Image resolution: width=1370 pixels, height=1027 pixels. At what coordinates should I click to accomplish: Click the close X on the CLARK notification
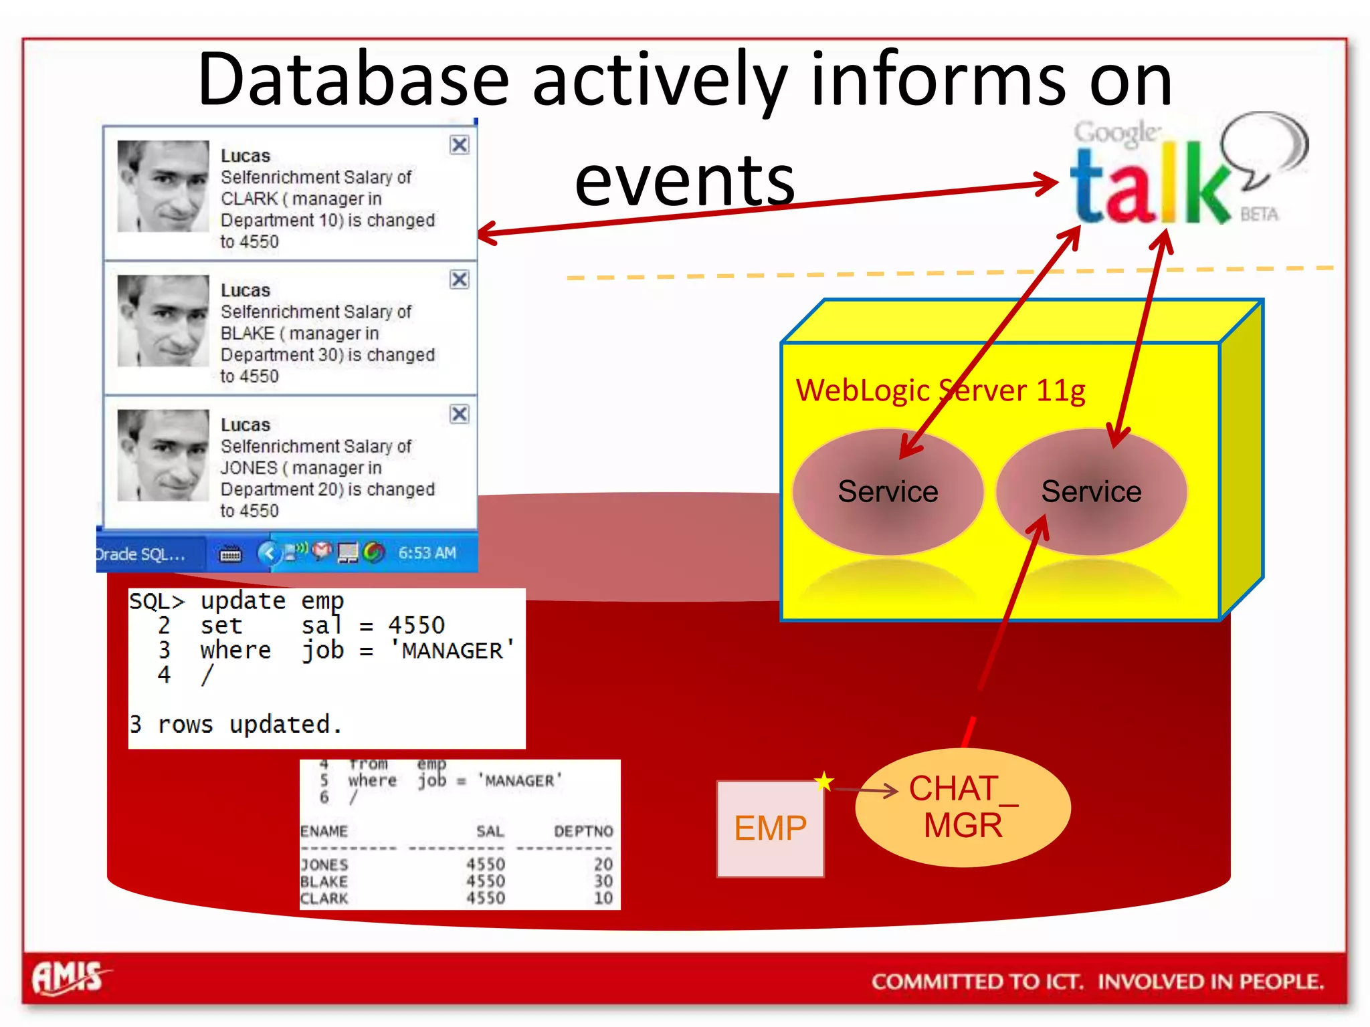click(x=459, y=145)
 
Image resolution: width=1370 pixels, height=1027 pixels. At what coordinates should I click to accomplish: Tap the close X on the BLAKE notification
click(x=459, y=279)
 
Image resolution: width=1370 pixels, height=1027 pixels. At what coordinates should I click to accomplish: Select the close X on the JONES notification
click(x=459, y=414)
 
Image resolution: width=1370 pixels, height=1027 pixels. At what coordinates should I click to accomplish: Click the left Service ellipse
click(x=888, y=492)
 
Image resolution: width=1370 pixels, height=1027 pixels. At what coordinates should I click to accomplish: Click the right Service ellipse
click(x=1091, y=492)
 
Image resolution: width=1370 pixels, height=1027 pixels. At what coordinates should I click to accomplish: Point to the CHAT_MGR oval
click(x=963, y=807)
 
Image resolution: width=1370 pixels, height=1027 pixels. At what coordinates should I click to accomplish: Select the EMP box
click(x=770, y=828)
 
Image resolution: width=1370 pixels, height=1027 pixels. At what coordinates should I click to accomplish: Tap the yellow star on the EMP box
click(x=824, y=781)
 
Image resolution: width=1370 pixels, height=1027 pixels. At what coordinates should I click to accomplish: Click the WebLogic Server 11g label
click(x=940, y=390)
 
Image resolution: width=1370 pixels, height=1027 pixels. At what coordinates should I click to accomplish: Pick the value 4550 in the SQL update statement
click(x=416, y=626)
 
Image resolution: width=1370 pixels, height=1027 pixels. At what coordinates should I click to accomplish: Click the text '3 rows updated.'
click(x=235, y=725)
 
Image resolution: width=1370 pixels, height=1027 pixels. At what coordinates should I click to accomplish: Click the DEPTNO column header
click(x=583, y=831)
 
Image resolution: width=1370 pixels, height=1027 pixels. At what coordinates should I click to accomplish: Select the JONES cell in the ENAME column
click(x=324, y=865)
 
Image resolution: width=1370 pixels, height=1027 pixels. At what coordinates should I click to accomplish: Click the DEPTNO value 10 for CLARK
click(x=603, y=898)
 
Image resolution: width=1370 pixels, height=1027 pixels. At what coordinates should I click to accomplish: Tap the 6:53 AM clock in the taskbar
click(x=427, y=553)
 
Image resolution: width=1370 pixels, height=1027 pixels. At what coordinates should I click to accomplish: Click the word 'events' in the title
click(x=684, y=181)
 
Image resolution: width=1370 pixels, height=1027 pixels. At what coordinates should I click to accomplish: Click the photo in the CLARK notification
click(x=163, y=186)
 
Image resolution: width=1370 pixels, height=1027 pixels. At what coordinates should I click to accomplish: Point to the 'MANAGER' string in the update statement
click(x=452, y=651)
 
